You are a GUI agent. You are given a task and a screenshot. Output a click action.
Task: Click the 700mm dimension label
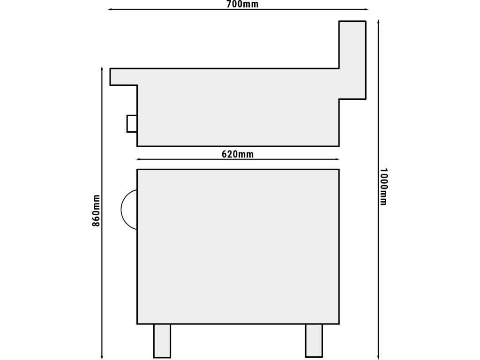pos(242,4)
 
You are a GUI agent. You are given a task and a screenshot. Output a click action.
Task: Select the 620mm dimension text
pos(238,154)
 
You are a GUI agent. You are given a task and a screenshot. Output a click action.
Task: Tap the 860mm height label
pos(96,210)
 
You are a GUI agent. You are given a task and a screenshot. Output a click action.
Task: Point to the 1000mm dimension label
pos(383,187)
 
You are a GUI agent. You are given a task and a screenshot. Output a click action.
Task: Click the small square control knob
pos(132,123)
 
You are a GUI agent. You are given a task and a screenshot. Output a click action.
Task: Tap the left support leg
pos(162,341)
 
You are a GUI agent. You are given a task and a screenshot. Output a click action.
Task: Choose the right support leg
pos(314,341)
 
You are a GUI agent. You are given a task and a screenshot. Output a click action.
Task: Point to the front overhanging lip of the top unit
pos(123,76)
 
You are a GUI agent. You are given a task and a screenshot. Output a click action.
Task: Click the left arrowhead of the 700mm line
pos(110,9)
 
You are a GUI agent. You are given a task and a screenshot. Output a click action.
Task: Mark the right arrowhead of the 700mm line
pos(366,9)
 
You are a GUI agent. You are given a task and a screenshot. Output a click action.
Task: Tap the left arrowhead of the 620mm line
pos(138,159)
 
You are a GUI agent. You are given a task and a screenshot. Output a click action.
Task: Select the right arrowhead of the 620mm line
pos(337,159)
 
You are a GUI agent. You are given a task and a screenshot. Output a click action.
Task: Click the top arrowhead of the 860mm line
pos(102,68)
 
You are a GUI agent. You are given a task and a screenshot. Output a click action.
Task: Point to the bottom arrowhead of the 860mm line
pos(102,357)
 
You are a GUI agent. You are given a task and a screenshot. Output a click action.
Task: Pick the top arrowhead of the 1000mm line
pos(379,22)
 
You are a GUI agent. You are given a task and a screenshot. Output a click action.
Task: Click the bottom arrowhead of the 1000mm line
pos(379,357)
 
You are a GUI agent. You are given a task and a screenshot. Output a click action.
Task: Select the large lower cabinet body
pos(238,247)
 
